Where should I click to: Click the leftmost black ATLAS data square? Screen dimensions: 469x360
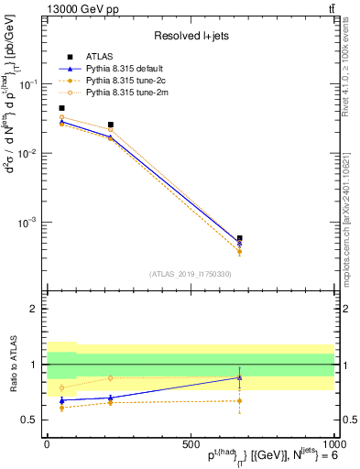pyautogui.click(x=61, y=108)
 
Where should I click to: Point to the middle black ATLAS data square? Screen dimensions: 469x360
pyautogui.click(x=111, y=125)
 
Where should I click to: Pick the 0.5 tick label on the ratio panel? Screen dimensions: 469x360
pyautogui.click(x=31, y=420)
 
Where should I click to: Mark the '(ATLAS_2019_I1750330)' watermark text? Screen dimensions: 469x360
pyautogui.click(x=191, y=273)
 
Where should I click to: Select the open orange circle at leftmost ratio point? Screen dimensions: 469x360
pyautogui.click(x=61, y=387)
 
